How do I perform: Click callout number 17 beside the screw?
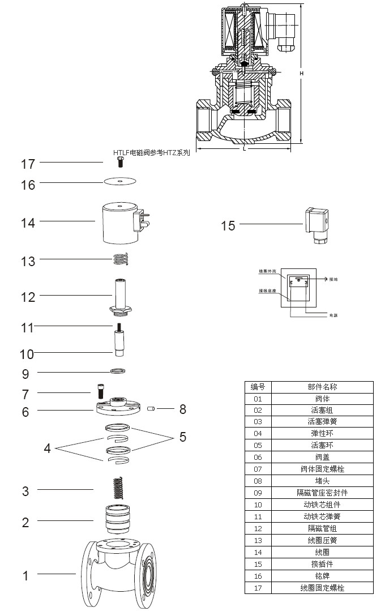click(x=28, y=164)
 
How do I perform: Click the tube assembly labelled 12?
click(x=120, y=294)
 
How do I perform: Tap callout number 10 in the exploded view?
click(x=27, y=354)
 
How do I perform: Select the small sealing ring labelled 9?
click(x=118, y=371)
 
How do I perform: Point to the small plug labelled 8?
click(x=151, y=408)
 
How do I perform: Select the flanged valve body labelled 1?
click(x=119, y=572)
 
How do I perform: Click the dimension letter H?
click(x=302, y=74)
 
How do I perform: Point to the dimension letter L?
click(x=244, y=148)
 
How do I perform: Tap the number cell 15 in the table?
click(x=258, y=564)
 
